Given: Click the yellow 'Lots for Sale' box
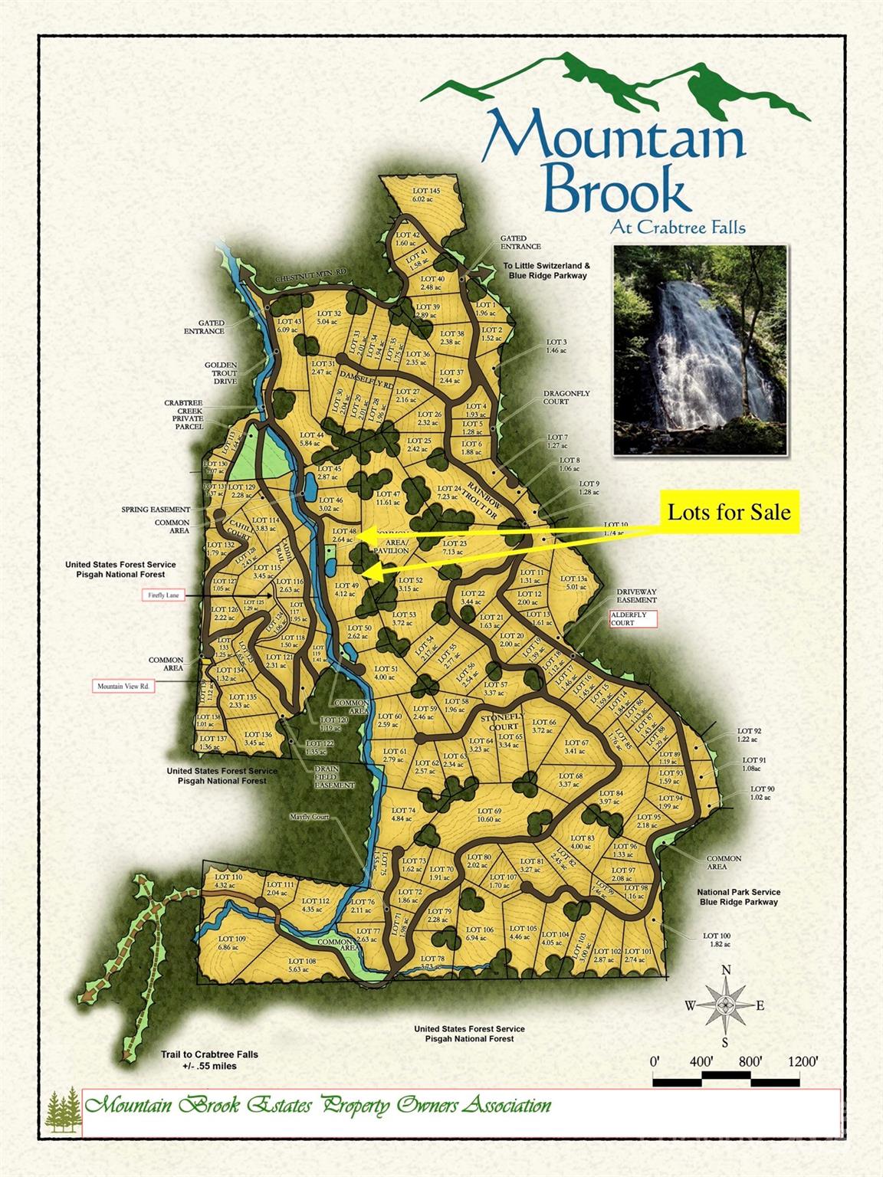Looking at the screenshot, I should (729, 512).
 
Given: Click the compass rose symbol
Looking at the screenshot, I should (726, 1005).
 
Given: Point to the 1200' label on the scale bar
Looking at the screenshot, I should (802, 1061).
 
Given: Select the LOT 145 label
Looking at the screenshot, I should (426, 194).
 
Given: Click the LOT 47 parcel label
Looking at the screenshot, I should (389, 498).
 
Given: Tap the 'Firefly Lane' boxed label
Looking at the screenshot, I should (165, 595).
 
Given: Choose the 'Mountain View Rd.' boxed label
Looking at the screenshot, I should (123, 686).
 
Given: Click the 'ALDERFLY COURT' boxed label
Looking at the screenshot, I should (633, 618).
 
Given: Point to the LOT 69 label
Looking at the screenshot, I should (489, 815).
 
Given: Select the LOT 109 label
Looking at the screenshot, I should (231, 943).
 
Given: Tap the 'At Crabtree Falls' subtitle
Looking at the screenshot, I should (678, 227).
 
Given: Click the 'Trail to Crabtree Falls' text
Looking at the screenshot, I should (209, 1060).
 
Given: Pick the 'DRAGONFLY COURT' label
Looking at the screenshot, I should (566, 397).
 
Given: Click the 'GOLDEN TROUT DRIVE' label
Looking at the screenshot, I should (221, 372).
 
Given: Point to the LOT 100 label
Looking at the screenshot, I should (717, 939).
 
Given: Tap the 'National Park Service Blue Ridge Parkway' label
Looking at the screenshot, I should (739, 897).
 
